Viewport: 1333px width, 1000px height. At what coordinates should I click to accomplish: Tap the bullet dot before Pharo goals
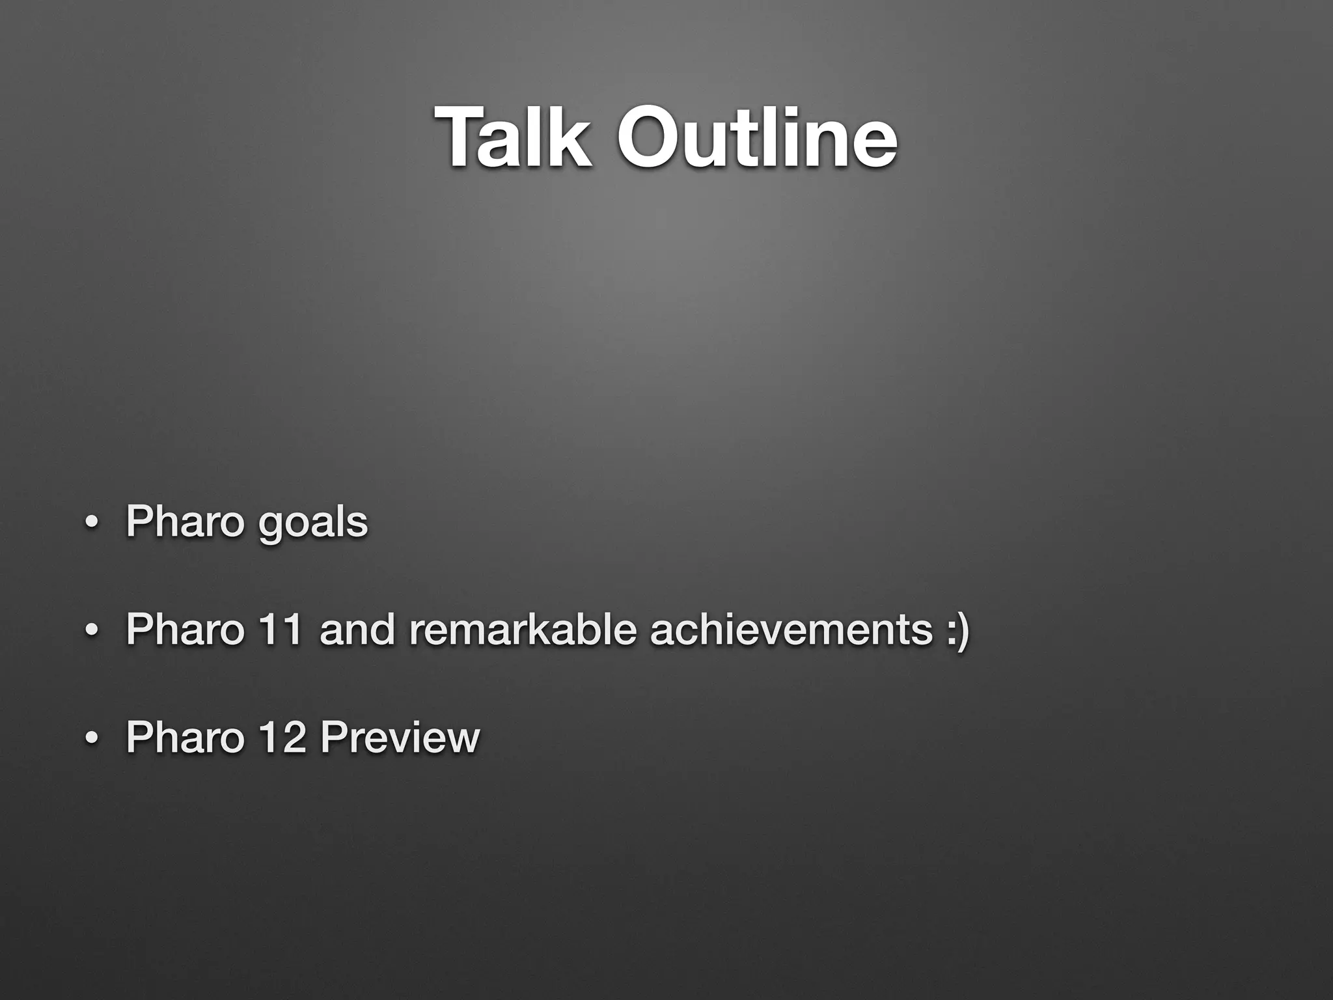(92, 524)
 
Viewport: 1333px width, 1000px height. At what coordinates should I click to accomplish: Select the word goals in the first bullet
(312, 524)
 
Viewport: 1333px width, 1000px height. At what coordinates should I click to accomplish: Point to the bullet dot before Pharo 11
(92, 632)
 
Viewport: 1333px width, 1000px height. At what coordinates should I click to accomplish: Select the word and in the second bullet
(357, 630)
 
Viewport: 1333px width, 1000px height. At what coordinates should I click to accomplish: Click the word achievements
(791, 630)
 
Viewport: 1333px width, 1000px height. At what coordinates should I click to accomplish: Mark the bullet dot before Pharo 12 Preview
(92, 739)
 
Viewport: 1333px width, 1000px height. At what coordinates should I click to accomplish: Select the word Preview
(400, 737)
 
